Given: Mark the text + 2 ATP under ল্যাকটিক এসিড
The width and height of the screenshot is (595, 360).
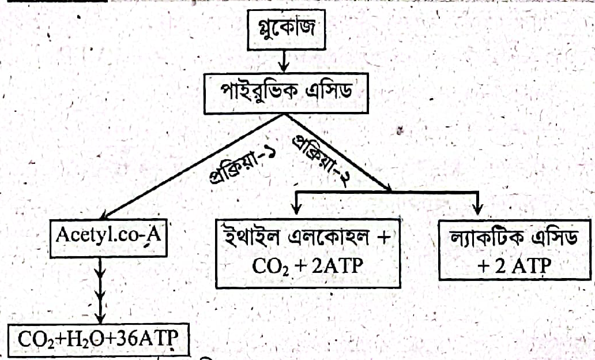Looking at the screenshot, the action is tap(514, 266).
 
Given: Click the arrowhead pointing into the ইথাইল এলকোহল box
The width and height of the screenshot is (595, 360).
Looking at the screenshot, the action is tap(297, 209).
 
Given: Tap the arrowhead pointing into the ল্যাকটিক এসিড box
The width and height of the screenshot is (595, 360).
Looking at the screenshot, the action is tap(479, 209).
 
